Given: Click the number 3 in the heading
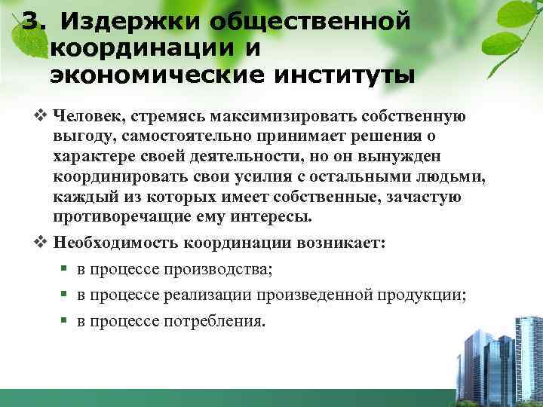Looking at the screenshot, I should pos(31,21).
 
